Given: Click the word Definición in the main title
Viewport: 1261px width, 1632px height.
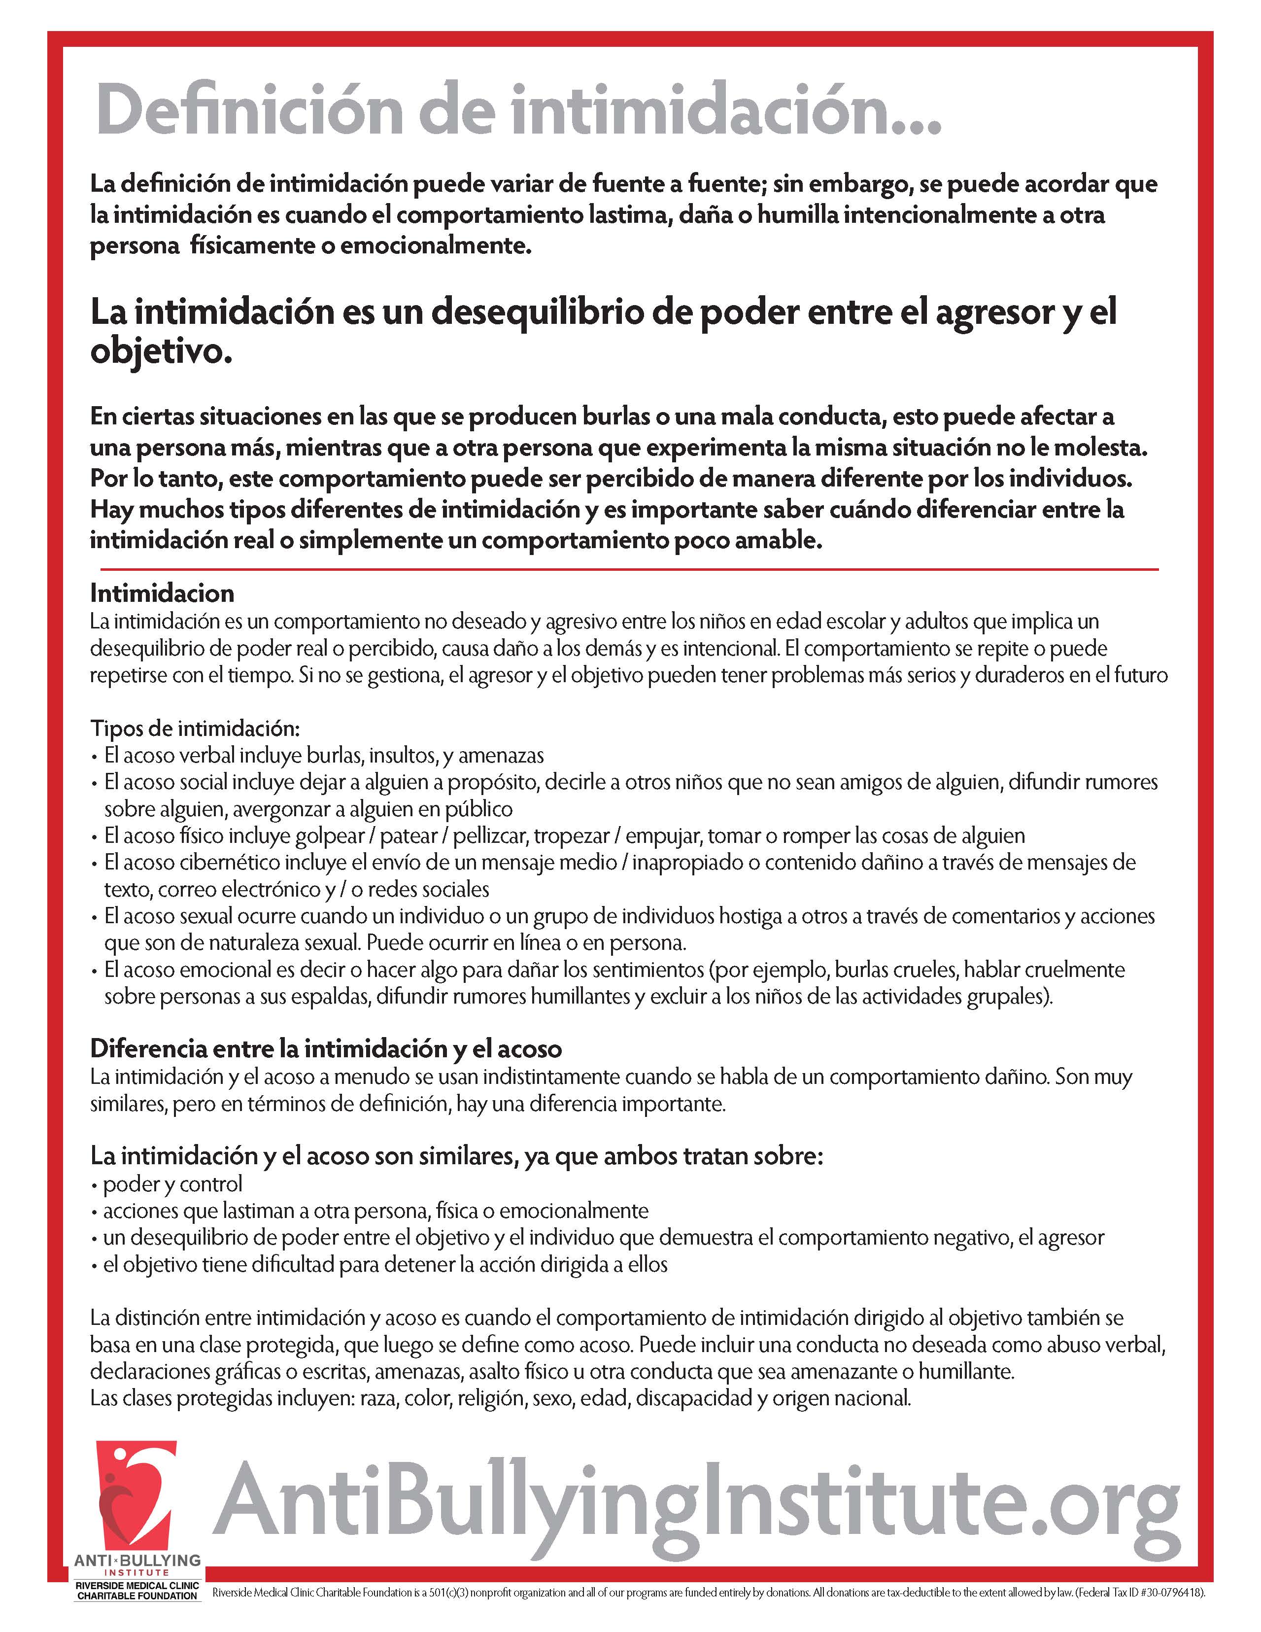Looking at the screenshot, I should pos(250,110).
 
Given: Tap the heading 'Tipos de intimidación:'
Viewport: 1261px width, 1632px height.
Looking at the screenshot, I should pos(194,728).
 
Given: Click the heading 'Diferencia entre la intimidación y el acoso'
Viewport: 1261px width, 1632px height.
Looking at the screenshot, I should pos(326,1049).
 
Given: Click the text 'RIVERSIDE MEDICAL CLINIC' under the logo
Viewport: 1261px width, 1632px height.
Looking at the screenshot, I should pos(137,1586).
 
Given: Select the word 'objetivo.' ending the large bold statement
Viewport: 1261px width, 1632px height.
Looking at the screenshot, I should pos(161,351).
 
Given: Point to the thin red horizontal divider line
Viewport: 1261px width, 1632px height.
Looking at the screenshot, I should pos(624,569).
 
